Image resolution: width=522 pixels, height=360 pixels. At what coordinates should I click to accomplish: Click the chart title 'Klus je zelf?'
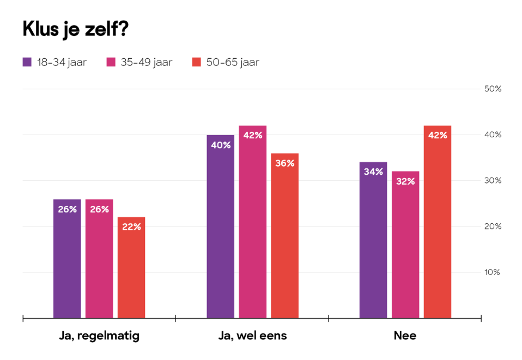coord(75,29)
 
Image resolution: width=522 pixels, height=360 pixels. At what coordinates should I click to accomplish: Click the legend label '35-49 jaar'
coord(147,62)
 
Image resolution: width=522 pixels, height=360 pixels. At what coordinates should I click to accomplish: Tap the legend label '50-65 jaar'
coord(233,62)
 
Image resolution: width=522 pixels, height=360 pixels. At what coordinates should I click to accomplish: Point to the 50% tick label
coord(492,89)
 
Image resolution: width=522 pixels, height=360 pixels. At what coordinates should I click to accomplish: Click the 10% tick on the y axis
coord(492,272)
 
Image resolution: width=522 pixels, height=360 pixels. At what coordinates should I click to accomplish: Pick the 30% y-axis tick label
coord(492,181)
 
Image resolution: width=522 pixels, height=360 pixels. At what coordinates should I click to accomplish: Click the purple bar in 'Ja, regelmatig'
coord(67,259)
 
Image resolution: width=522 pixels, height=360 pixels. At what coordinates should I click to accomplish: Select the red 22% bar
coord(131,267)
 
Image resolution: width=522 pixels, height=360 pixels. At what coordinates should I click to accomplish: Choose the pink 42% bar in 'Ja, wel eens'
coord(252,222)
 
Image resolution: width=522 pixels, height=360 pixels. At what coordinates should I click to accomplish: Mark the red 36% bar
coord(284,235)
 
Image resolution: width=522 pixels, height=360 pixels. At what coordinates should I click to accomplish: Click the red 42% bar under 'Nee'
coord(438,222)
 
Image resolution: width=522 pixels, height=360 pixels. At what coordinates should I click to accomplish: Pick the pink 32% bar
coord(405,245)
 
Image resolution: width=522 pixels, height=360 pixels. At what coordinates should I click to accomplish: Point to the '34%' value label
coord(373,172)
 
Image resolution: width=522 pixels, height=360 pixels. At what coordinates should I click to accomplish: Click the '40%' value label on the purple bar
coord(220,145)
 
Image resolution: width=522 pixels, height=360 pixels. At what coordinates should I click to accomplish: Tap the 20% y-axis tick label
coord(492,227)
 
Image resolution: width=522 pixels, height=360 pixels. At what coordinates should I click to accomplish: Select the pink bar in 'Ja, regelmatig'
coord(99,259)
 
